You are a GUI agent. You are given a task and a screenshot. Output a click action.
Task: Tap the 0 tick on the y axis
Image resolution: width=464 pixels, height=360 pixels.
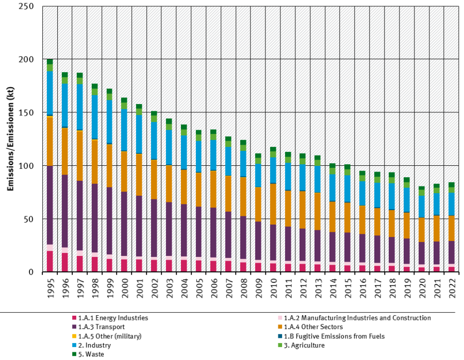(31, 272)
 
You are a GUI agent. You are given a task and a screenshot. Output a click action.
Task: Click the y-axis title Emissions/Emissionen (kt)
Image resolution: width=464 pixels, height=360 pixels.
(10, 139)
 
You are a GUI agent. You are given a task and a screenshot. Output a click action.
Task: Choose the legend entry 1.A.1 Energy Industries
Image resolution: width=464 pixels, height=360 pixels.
(113, 318)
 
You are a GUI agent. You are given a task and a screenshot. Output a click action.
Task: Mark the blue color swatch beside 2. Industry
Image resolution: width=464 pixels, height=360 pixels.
(74, 346)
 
